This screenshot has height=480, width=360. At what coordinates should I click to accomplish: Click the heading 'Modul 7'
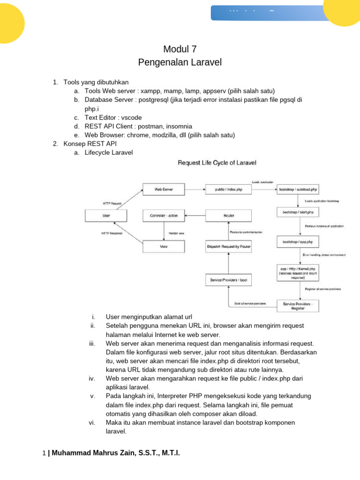coord(180,49)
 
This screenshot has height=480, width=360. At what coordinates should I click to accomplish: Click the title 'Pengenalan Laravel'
coord(180,62)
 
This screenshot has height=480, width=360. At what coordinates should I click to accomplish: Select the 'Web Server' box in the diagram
coord(164,189)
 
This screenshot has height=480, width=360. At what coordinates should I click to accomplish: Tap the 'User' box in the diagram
coord(105,216)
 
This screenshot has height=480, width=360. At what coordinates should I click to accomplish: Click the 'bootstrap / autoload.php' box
coord(298,189)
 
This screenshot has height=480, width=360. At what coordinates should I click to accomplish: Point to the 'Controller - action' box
coord(164,216)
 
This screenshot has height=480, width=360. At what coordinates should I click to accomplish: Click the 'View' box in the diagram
coord(164,246)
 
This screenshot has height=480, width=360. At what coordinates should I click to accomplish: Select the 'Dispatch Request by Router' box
coord(228,246)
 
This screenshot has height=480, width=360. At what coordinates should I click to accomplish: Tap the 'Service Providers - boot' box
coord(228,280)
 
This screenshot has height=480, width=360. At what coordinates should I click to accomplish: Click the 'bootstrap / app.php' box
coord(298,241)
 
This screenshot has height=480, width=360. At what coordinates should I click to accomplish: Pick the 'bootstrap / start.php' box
coord(298,212)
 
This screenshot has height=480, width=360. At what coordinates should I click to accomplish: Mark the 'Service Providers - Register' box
coord(298,306)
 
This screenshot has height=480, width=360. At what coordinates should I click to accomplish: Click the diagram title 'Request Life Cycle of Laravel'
coord(217,163)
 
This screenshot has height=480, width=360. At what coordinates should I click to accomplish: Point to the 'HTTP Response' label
coord(112,233)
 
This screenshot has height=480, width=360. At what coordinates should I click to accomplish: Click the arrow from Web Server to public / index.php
coord(194,189)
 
